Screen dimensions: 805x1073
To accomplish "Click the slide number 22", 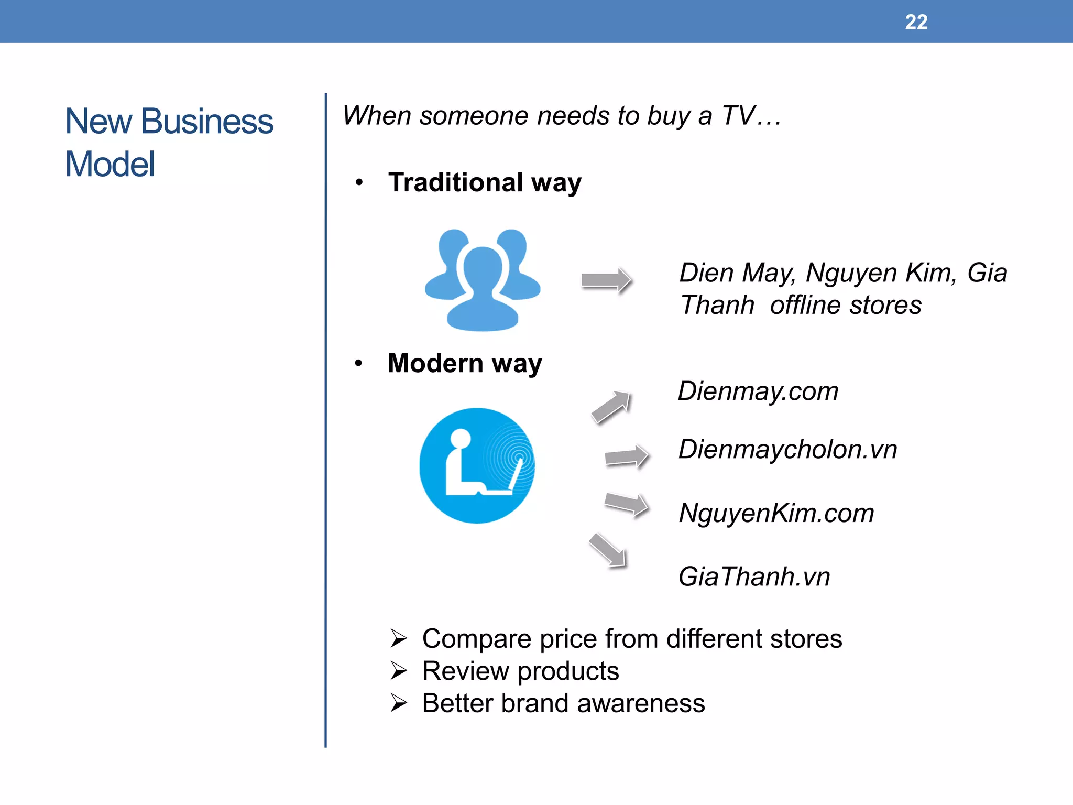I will click(916, 22).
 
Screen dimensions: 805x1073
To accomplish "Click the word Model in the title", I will click(110, 164).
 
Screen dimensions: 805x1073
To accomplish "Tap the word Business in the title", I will click(207, 121).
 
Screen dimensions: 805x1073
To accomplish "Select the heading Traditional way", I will click(485, 183).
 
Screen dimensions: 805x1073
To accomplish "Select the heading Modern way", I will click(465, 364).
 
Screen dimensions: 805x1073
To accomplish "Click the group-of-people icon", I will click(483, 280).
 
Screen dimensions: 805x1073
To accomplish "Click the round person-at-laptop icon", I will click(477, 465).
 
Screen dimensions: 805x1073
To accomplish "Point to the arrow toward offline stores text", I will click(606, 280).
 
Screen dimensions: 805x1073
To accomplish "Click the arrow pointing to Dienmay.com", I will click(611, 407).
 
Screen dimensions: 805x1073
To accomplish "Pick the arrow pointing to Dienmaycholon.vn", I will click(627, 456).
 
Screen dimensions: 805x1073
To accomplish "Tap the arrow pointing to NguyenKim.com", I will click(627, 504).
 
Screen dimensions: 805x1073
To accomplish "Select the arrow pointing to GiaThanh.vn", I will click(608, 550).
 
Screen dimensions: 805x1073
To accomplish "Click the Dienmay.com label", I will click(758, 391).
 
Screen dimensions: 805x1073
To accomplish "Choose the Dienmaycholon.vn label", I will click(787, 450).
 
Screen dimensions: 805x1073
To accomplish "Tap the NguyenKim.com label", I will click(776, 513).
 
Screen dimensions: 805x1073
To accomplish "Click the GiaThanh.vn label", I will click(754, 577).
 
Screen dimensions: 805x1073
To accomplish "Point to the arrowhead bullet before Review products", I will click(399, 671).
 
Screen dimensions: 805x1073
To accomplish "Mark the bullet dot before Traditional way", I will click(359, 183).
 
